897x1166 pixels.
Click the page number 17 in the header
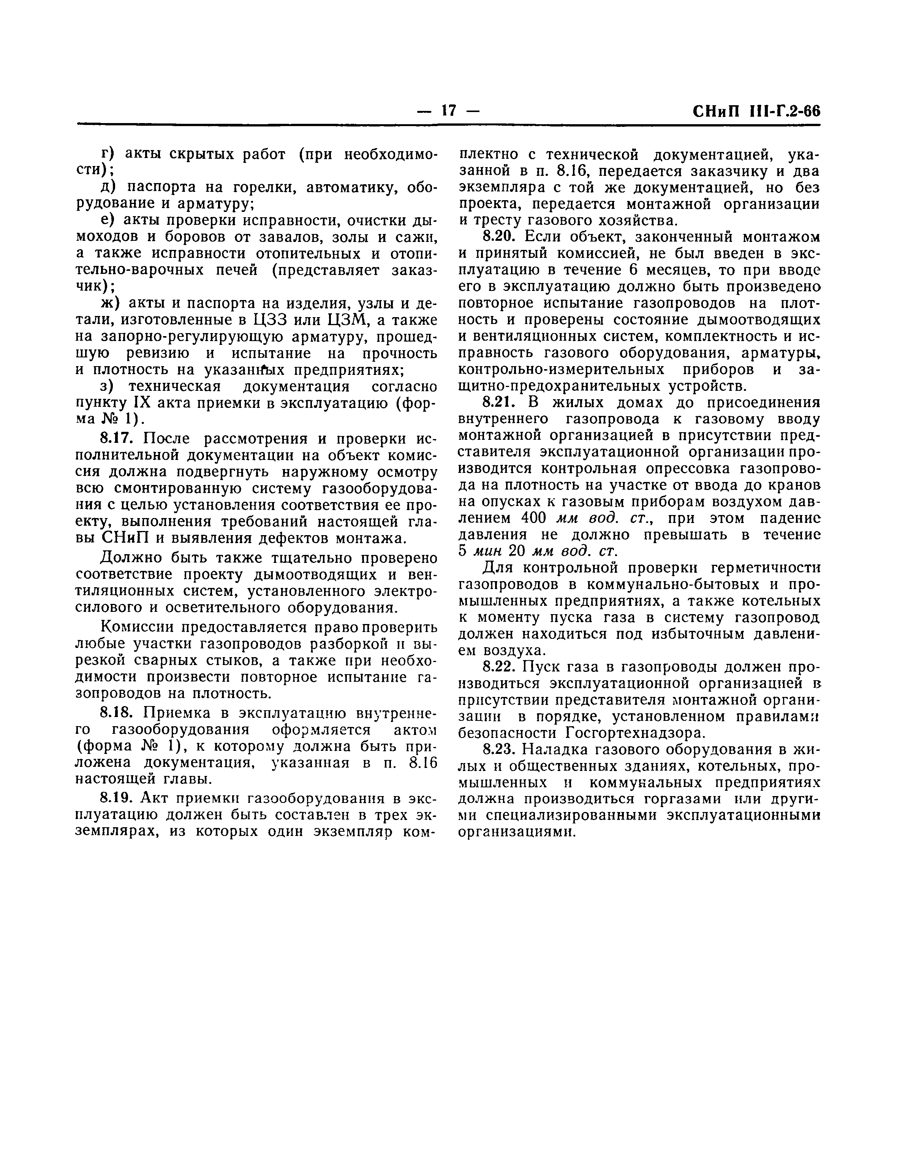448,111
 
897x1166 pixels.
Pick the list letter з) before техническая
108,386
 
